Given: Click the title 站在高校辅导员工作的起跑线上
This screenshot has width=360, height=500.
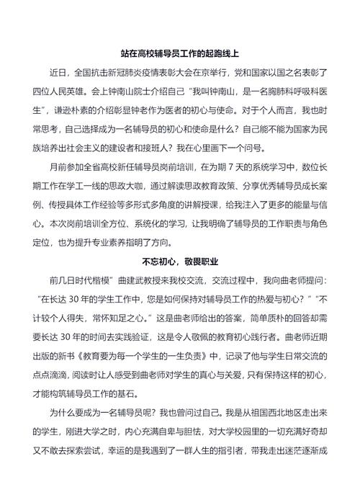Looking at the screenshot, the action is point(179,53).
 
